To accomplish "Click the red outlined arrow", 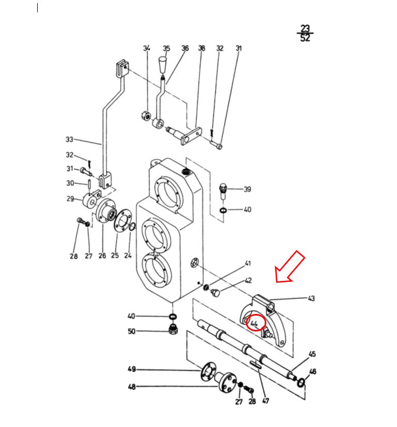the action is (x=290, y=267).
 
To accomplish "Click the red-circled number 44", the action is (x=254, y=324).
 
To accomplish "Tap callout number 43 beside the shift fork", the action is (x=311, y=298).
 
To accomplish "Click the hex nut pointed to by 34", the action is (x=146, y=116).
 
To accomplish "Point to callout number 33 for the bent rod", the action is (x=69, y=139).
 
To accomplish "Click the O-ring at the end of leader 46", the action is (x=301, y=383).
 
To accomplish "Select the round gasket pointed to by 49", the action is (x=208, y=372).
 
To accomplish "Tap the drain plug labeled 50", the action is (x=173, y=329).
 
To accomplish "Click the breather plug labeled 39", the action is (x=223, y=191).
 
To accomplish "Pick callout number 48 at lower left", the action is (x=132, y=386).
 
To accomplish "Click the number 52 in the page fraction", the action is (x=305, y=38).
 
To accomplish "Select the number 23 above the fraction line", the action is (x=305, y=28).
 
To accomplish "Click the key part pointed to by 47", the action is (x=255, y=365).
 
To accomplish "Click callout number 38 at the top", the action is (x=201, y=48).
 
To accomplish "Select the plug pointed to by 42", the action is (x=215, y=293).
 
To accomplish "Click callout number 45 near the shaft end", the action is (x=312, y=354).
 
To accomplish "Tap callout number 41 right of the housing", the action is (x=248, y=263).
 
